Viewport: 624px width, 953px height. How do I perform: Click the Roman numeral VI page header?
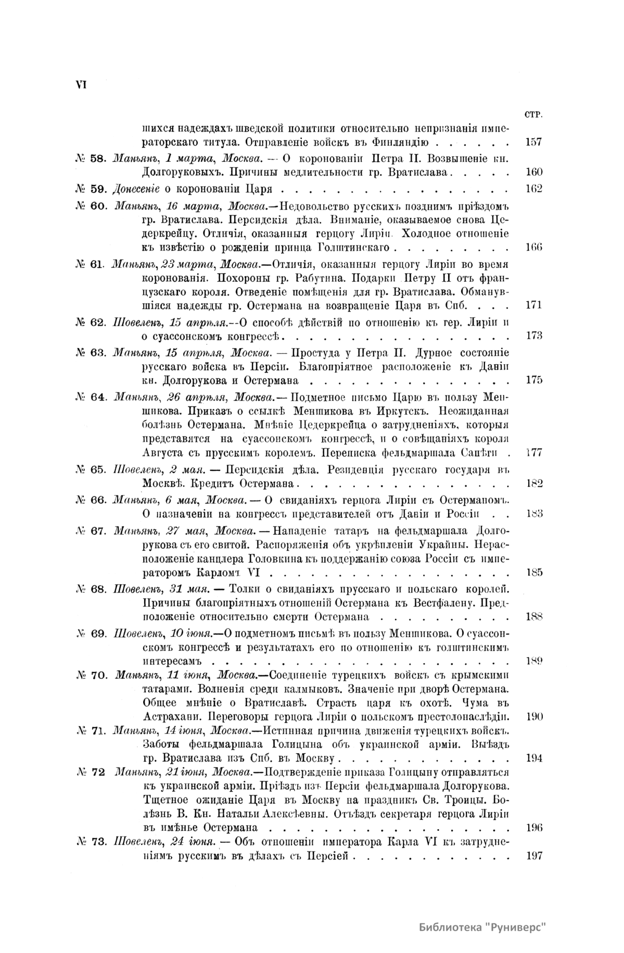81,85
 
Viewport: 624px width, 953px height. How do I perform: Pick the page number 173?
534,336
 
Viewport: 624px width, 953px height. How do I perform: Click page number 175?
534,380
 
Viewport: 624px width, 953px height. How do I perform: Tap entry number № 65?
91,470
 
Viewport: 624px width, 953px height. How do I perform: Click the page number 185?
534,573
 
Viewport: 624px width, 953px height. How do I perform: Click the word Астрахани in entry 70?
170,716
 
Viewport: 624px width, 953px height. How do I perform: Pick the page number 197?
534,856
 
